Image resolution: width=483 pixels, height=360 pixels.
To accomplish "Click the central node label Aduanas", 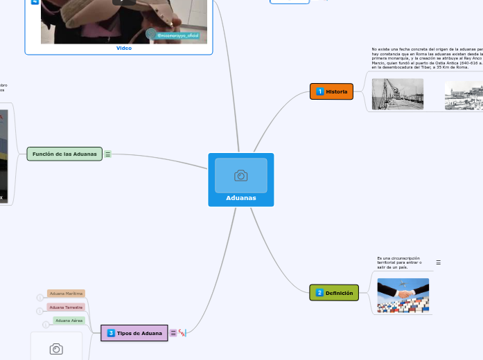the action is [x=240, y=198].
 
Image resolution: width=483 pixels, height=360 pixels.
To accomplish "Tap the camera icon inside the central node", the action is [x=240, y=176].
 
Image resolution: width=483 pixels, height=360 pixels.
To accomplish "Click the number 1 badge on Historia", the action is [x=319, y=91].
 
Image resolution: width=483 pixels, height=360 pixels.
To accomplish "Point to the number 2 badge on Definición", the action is [x=319, y=293].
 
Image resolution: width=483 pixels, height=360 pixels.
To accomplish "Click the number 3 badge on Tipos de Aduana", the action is [x=111, y=333].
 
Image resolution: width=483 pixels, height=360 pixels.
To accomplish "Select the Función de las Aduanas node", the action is [x=64, y=153].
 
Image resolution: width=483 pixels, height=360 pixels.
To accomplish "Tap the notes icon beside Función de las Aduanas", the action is [x=108, y=154].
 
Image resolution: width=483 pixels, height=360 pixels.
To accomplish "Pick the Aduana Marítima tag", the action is [x=66, y=294].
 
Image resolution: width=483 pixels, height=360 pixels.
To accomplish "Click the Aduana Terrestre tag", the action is [x=66, y=307].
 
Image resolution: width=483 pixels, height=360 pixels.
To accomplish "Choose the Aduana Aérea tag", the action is [x=69, y=321].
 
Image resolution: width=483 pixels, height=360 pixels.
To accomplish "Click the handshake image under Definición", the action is [x=403, y=296].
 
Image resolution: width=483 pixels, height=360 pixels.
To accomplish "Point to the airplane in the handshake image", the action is [x=402, y=283].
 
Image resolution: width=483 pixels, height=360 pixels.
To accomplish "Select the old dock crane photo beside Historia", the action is [x=397, y=94].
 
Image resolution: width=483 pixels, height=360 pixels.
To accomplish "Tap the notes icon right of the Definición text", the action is [x=438, y=263].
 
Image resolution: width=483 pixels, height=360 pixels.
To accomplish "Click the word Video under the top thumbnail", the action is [x=124, y=48].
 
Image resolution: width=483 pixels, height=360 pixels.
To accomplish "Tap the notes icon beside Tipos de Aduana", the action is [x=173, y=333].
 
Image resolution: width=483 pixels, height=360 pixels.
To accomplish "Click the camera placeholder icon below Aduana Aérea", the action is [x=56, y=349].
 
